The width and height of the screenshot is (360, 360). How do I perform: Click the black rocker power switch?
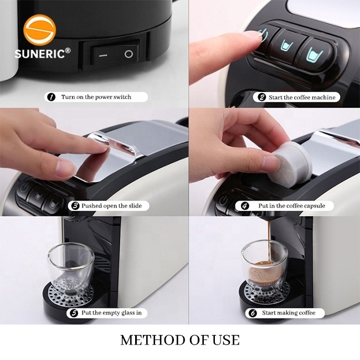(x=115, y=54)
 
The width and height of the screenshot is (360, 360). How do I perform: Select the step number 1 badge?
(x=52, y=97)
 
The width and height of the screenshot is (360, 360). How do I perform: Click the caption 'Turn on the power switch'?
(x=96, y=97)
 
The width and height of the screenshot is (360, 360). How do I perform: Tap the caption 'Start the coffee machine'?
(x=302, y=97)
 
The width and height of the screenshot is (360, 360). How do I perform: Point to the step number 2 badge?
(x=261, y=97)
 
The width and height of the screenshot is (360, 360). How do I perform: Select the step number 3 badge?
(x=75, y=205)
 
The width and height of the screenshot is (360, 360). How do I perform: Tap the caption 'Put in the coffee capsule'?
(x=295, y=205)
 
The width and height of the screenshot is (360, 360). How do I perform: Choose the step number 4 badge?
(x=245, y=205)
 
